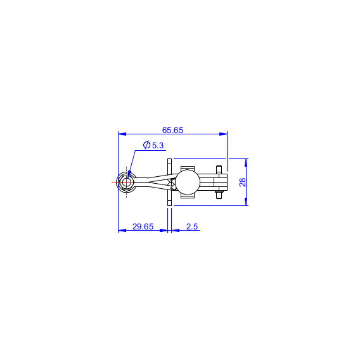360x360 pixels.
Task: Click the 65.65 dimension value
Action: pyautogui.click(x=172, y=130)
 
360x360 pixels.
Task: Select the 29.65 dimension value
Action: pyautogui.click(x=143, y=227)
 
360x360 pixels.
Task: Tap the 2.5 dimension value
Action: pyautogui.click(x=192, y=227)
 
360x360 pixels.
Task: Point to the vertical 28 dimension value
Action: pyautogui.click(x=243, y=183)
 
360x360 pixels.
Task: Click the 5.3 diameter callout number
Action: pyautogui.click(x=158, y=146)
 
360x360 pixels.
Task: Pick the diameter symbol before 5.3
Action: pyautogui.click(x=146, y=145)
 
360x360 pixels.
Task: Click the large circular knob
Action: pyautogui.click(x=188, y=183)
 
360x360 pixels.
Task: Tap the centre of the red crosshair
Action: pyautogui.click(x=126, y=183)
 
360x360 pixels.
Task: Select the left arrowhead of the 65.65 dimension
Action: pyautogui.click(x=122, y=134)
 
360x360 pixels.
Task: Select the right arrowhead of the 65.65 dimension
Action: pyautogui.click(x=223, y=134)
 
